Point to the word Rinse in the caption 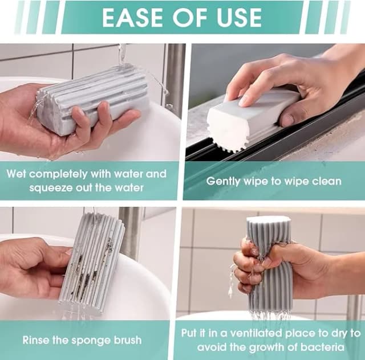point(36,341)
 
